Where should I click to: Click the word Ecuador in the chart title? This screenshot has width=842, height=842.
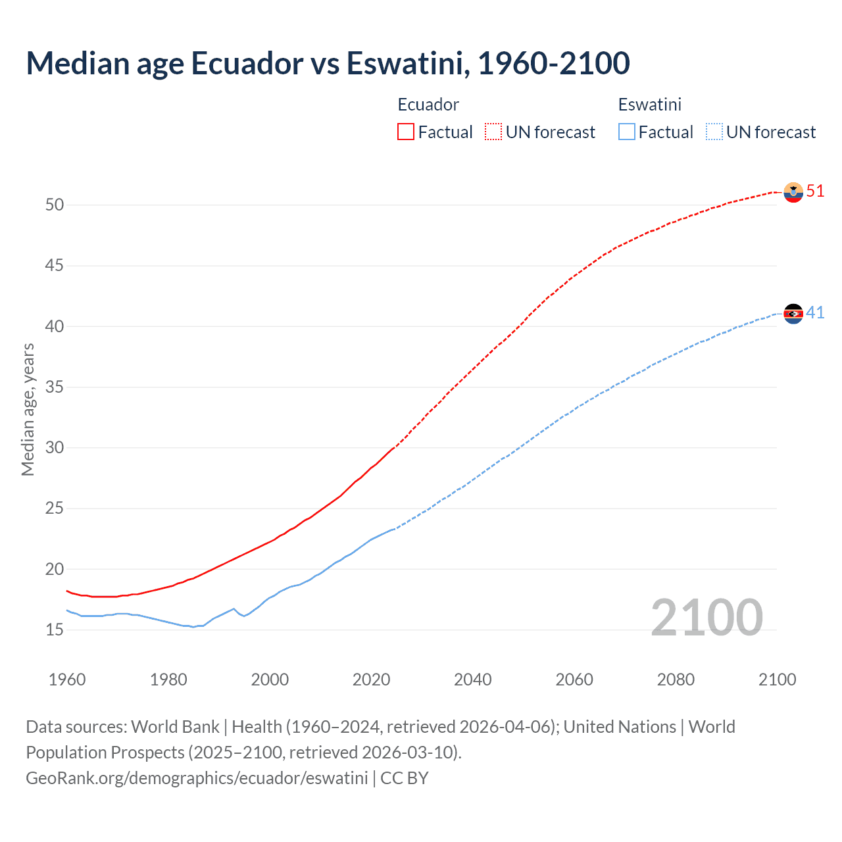247,63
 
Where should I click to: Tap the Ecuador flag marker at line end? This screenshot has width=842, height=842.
793,191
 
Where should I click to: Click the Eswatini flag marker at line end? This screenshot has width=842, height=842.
793,314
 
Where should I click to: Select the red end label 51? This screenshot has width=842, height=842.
815,191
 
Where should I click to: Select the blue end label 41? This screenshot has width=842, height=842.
815,312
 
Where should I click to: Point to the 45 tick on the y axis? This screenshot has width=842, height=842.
55,266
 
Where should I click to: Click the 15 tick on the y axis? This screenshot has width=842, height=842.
55,630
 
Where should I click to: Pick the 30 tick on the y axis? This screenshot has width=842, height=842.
55,448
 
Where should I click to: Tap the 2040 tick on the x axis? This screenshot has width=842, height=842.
472,680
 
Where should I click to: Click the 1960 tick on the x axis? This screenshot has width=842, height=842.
67,680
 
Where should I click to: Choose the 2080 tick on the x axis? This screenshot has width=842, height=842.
676,680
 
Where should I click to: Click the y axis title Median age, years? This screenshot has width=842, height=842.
28,409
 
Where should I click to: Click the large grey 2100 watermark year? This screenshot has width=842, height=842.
706,618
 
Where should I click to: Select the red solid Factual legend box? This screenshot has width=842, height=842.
406,132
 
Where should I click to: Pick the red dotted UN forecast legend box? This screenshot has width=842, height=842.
493,132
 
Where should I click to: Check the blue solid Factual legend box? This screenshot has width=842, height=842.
627,132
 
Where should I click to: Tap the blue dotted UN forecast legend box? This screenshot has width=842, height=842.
714,132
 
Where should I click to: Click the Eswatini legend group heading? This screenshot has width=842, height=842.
649,105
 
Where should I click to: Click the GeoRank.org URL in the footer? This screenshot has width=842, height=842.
197,778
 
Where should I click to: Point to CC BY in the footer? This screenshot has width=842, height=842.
405,778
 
